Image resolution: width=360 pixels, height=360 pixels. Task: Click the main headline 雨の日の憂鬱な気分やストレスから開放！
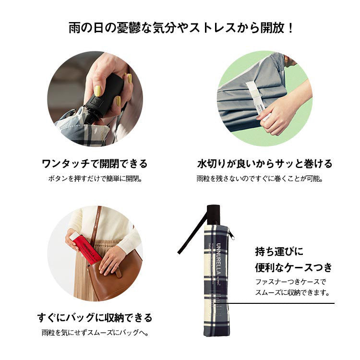[180, 28]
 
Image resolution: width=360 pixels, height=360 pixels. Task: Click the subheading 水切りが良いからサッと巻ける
[265, 164]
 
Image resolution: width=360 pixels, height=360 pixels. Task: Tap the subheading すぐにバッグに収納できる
[95, 317]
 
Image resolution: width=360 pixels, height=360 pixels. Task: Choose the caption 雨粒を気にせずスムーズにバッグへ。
[94, 332]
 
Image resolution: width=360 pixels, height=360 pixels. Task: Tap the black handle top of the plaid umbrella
[214, 214]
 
